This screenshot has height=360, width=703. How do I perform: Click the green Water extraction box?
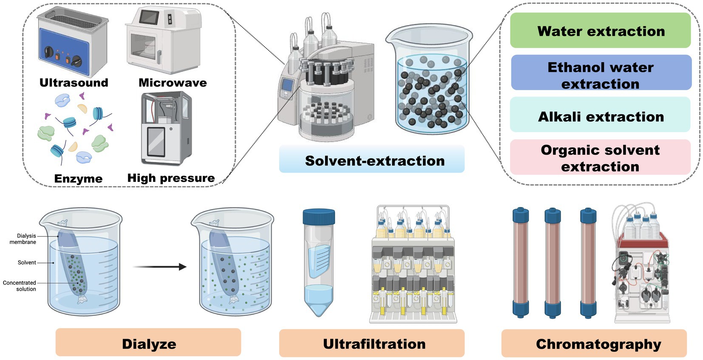[600, 31]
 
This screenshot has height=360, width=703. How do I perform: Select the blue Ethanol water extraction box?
[601, 73]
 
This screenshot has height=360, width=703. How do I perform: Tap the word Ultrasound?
[74, 82]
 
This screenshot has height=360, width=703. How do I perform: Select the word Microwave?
[173, 82]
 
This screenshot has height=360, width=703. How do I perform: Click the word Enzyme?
[78, 179]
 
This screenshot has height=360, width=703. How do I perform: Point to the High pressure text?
[171, 178]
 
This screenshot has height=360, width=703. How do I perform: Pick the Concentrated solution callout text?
[20, 286]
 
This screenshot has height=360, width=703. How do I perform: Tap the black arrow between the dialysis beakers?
[159, 267]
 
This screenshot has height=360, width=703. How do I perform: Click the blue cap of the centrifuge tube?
[319, 216]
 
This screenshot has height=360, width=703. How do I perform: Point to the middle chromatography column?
[553, 263]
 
